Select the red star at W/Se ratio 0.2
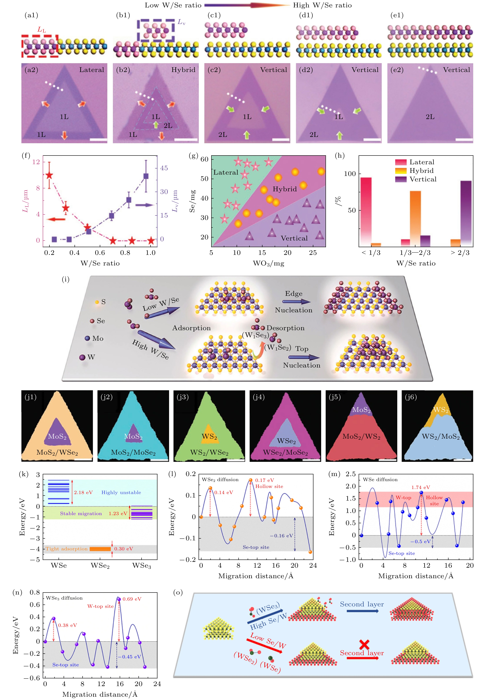click(49, 175)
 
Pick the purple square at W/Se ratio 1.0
click(146, 176)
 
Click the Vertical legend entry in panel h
click(423, 179)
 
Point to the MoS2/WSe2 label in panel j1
click(57, 452)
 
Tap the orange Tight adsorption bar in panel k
click(100, 549)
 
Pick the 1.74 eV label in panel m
click(420, 487)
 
